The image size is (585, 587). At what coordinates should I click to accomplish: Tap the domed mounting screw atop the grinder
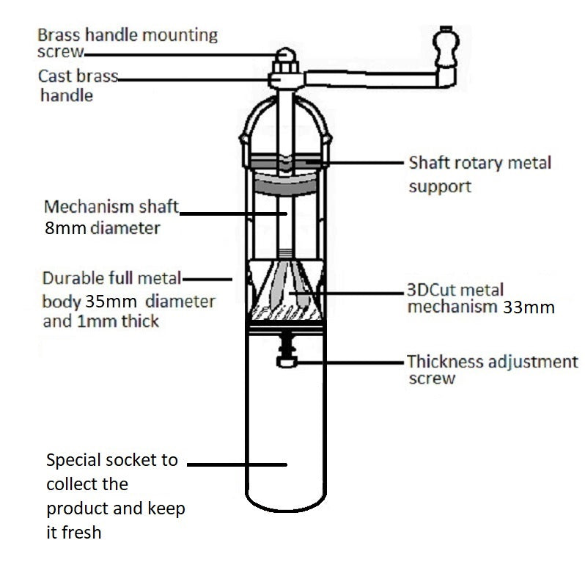click(286, 56)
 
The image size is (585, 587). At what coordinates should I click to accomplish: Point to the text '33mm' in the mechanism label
click(529, 307)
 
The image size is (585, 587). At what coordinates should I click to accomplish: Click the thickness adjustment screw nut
click(286, 361)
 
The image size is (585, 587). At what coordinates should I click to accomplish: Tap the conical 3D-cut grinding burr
click(286, 290)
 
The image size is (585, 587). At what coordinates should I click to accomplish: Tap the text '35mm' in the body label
click(114, 302)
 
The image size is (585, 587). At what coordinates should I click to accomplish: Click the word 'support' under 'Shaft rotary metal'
click(440, 186)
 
